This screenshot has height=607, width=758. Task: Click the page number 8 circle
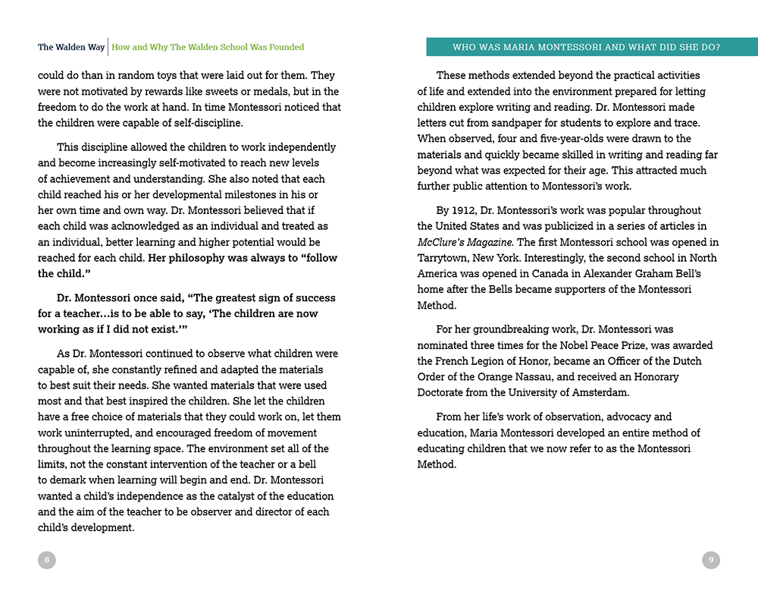(x=47, y=560)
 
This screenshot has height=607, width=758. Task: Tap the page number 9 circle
(x=710, y=560)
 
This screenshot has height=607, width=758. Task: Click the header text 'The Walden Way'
(x=71, y=47)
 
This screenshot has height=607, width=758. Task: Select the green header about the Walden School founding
(x=208, y=47)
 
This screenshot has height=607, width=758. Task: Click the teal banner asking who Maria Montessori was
(x=586, y=47)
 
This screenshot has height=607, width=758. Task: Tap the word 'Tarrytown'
(x=443, y=258)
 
